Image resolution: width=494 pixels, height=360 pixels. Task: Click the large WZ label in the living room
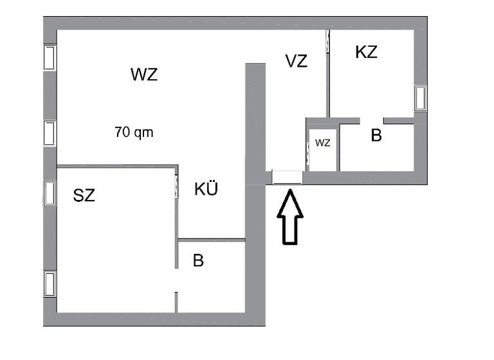[x=143, y=75]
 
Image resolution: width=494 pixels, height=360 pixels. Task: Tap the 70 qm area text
[x=134, y=133]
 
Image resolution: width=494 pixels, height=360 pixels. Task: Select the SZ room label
[x=84, y=196]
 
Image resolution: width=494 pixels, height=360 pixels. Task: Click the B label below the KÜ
[x=198, y=261]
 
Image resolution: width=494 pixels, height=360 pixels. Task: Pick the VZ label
[x=296, y=61]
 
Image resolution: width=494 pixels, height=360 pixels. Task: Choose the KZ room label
[x=366, y=53]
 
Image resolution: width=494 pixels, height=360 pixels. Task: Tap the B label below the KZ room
[x=376, y=136]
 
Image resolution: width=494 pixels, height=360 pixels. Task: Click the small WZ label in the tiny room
[x=322, y=143]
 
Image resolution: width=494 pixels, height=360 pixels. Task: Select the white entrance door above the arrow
[x=287, y=177]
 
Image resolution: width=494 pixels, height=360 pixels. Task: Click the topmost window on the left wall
[x=50, y=57]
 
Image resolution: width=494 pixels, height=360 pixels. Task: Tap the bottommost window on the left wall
[x=50, y=283]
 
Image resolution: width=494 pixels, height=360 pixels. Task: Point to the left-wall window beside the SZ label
[x=50, y=192]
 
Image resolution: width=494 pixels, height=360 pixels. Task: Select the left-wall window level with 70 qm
[x=50, y=133]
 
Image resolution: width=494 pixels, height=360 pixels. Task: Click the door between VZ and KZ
[x=328, y=42]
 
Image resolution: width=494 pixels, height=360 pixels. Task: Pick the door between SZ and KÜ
[x=177, y=186]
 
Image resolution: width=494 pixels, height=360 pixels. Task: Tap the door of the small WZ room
[x=308, y=153]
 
